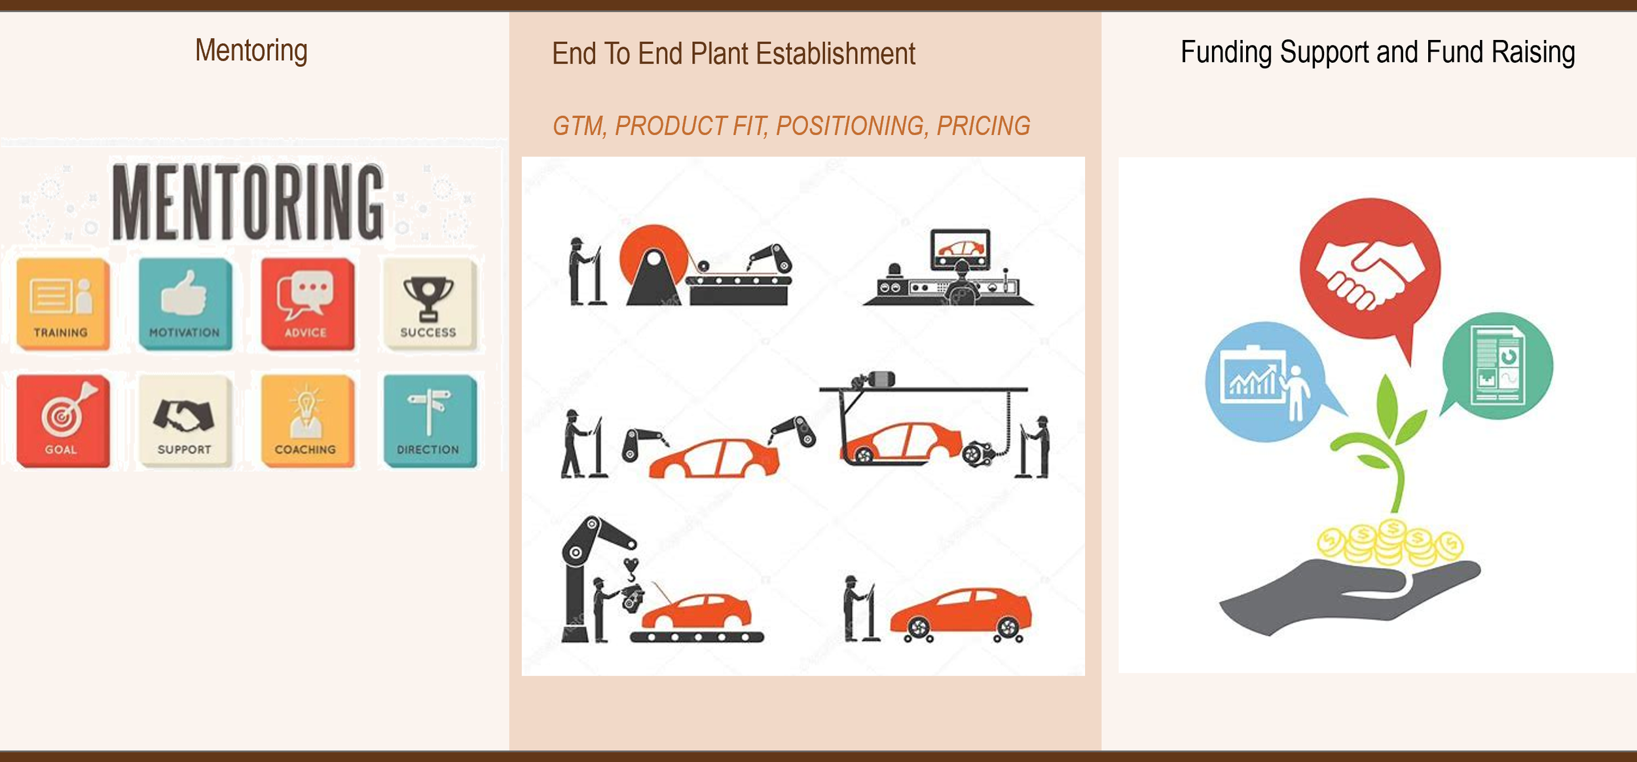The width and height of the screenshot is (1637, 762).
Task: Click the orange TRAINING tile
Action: coord(62,304)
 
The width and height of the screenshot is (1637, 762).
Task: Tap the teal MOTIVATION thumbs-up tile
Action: coord(185,304)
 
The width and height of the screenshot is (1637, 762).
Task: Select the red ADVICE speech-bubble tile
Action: coord(306,304)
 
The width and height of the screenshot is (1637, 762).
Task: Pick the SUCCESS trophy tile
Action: coord(429,304)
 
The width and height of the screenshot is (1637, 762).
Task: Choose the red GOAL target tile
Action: coord(62,421)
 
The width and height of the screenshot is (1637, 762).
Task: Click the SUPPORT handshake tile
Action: coord(185,421)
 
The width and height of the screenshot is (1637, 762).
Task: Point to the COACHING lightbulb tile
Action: coord(306,421)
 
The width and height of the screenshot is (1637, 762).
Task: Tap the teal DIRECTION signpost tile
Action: coord(429,421)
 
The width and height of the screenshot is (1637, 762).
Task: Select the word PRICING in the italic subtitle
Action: coord(983,126)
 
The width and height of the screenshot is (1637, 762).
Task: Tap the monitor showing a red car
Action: coord(960,249)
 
